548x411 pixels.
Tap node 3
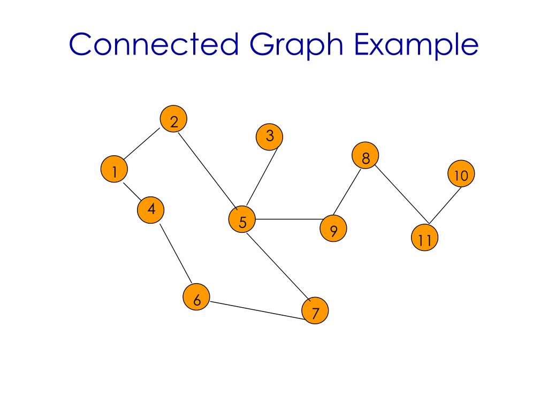269,136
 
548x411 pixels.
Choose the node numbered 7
315,311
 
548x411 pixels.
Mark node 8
366,156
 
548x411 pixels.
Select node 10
461,174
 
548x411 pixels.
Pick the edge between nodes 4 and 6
176,253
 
